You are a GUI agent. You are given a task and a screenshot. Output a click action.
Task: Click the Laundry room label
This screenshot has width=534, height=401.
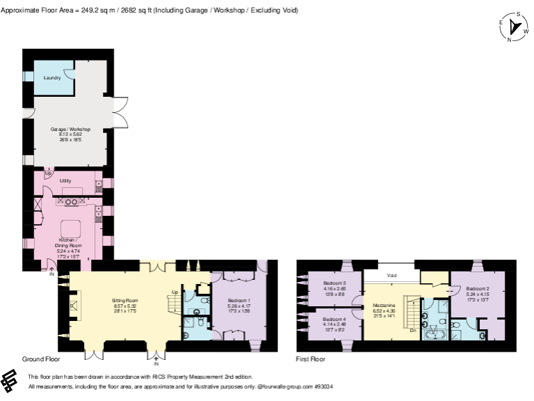[52, 77]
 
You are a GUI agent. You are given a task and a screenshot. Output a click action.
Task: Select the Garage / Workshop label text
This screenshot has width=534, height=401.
[71, 129]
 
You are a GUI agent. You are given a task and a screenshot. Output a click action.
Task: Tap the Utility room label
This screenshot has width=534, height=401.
[66, 180]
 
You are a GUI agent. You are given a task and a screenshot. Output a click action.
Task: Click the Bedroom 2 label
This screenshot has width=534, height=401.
[478, 288]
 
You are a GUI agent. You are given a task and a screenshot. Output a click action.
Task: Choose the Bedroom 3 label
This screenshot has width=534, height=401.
[335, 283]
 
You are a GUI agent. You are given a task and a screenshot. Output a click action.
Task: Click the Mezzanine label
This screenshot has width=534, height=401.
[385, 305]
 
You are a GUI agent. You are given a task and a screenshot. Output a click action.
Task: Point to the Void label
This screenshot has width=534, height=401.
[392, 275]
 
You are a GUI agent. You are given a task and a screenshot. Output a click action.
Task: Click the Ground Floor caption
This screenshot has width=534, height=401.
[41, 359]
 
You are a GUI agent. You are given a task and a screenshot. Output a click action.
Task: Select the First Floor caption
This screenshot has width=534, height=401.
[311, 359]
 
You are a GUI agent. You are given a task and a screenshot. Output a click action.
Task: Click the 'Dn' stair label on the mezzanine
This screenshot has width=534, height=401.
[412, 331]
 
